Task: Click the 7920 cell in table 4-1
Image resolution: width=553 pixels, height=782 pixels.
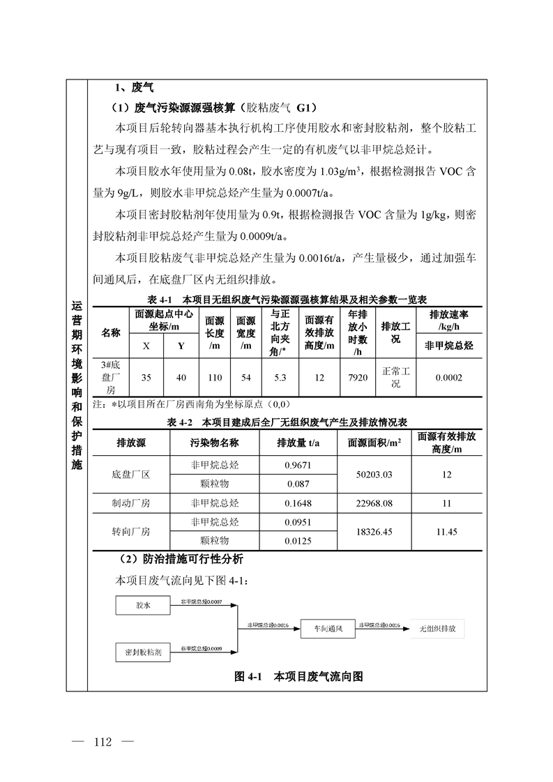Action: pos(357,377)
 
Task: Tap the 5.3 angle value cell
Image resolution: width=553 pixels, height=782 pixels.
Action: pos(280,377)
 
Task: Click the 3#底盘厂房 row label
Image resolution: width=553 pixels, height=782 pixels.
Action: pos(112,377)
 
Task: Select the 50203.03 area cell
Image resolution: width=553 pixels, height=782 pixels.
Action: pos(374,474)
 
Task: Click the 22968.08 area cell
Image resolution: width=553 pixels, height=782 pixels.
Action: pos(374,503)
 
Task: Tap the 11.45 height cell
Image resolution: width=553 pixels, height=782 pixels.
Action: pos(446,531)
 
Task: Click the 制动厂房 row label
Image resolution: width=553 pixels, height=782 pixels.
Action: pos(131,503)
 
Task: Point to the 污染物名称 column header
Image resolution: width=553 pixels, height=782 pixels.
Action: pos(214,443)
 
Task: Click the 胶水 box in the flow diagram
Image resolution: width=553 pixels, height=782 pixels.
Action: pos(143,606)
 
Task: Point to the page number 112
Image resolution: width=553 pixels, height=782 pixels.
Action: pos(102,741)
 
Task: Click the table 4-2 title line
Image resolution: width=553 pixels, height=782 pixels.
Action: pos(287,422)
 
